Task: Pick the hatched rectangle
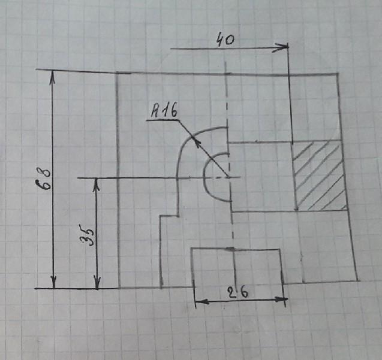click(319, 176)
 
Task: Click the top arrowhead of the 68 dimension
click(53, 74)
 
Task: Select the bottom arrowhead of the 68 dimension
click(53, 283)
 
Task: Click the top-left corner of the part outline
click(116, 73)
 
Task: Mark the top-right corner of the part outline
click(338, 74)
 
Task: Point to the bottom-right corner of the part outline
click(358, 281)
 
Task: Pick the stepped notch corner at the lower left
click(160, 217)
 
